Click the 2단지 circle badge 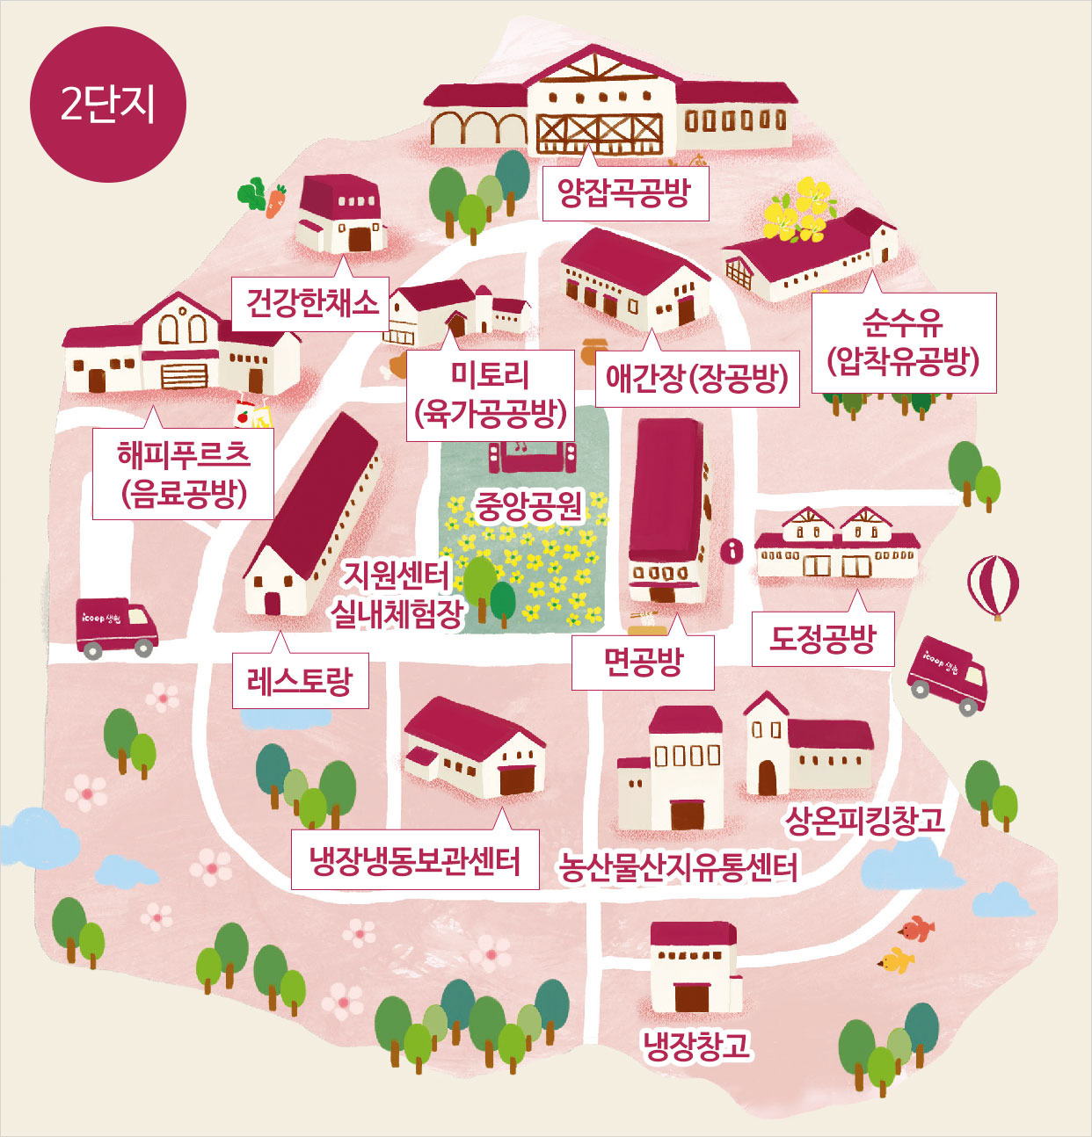coord(107,105)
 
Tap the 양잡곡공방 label coord(624,193)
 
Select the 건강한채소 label coord(311,304)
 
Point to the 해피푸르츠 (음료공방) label coord(183,474)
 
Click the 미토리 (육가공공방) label coord(490,395)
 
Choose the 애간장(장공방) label coord(696,380)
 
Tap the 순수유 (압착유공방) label coord(903,343)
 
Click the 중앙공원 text coord(529,505)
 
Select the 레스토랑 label coord(299,681)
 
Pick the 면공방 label coord(643,663)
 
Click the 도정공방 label coord(823,639)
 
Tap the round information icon coord(732,551)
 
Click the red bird coord(918,928)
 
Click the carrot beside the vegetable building coord(276,201)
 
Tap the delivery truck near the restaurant coord(116,626)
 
